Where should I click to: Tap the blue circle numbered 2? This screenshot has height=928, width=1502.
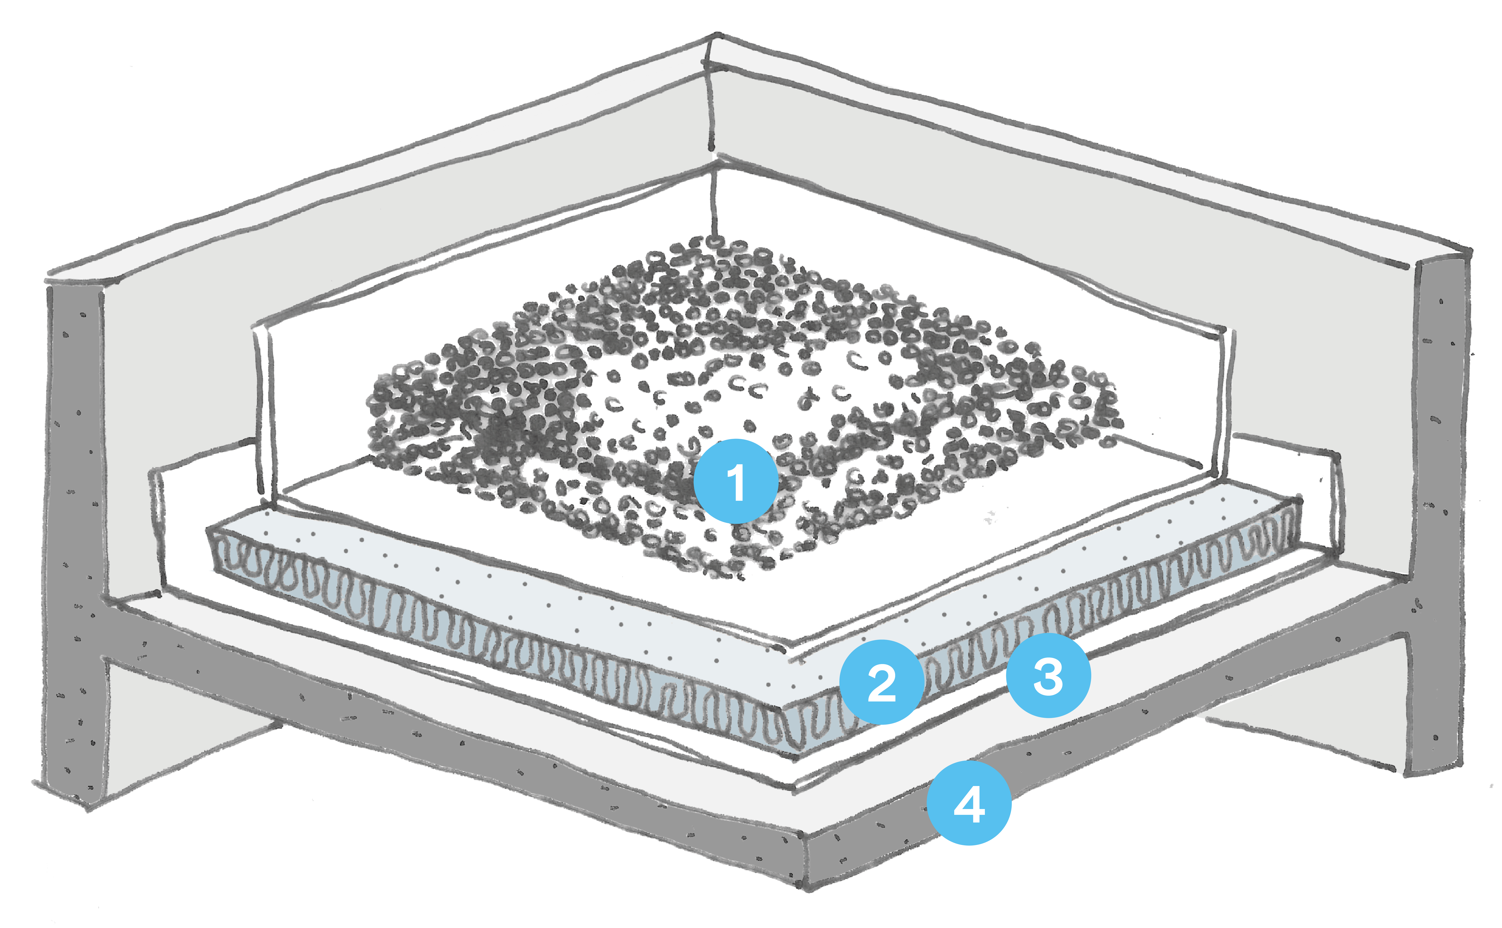click(882, 682)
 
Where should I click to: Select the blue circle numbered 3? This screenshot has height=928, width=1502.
click(1048, 675)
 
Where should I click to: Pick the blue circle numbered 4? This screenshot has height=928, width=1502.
click(969, 803)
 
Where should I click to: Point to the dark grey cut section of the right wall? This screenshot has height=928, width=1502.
click(1439, 491)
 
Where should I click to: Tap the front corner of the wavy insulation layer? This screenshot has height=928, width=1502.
click(788, 730)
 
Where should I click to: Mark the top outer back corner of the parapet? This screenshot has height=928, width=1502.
click(715, 37)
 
